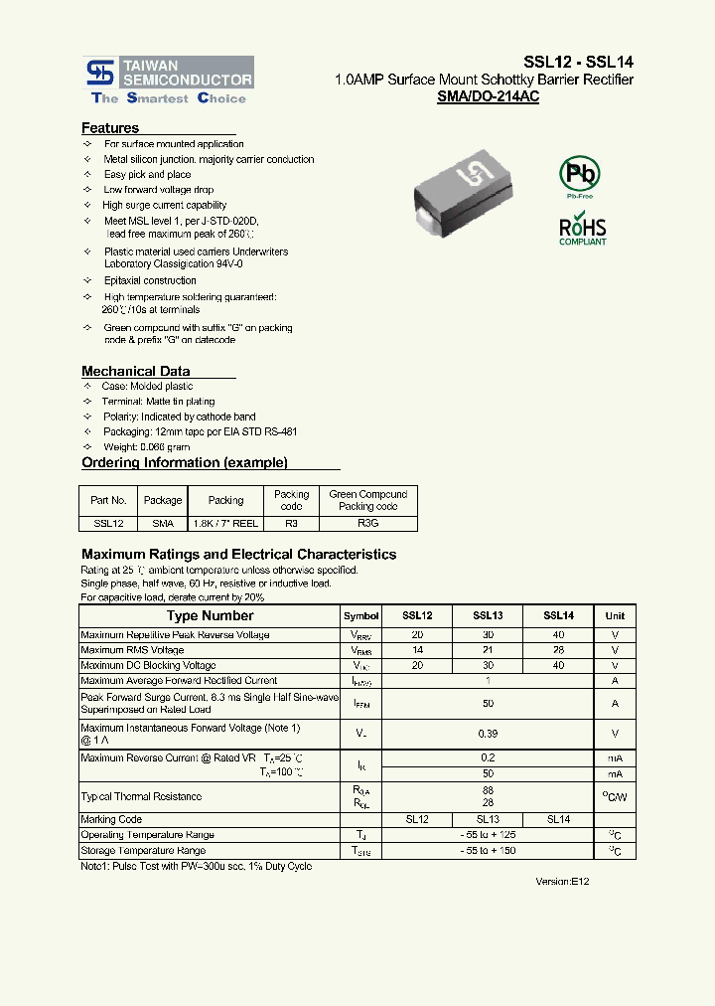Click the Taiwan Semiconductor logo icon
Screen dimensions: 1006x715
[x=100, y=72]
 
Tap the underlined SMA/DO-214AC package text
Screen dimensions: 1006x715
[x=488, y=97]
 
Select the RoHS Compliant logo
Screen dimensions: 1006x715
[x=582, y=230]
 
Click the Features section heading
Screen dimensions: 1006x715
[x=110, y=128]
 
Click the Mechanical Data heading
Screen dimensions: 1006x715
[x=135, y=371]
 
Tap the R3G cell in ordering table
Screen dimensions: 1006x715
[x=367, y=522]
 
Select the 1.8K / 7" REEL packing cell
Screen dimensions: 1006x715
[x=225, y=522]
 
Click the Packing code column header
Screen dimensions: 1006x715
[x=291, y=500]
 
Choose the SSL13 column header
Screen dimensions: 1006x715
[x=488, y=616]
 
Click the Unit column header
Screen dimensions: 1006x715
[x=615, y=616]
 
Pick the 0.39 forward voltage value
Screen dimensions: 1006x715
[x=488, y=734]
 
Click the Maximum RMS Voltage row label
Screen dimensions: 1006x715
[x=132, y=650]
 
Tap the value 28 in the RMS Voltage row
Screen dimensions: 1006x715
[x=558, y=650]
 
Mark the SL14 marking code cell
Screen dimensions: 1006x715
[x=558, y=819]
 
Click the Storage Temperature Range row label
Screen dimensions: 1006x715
[x=143, y=851]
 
